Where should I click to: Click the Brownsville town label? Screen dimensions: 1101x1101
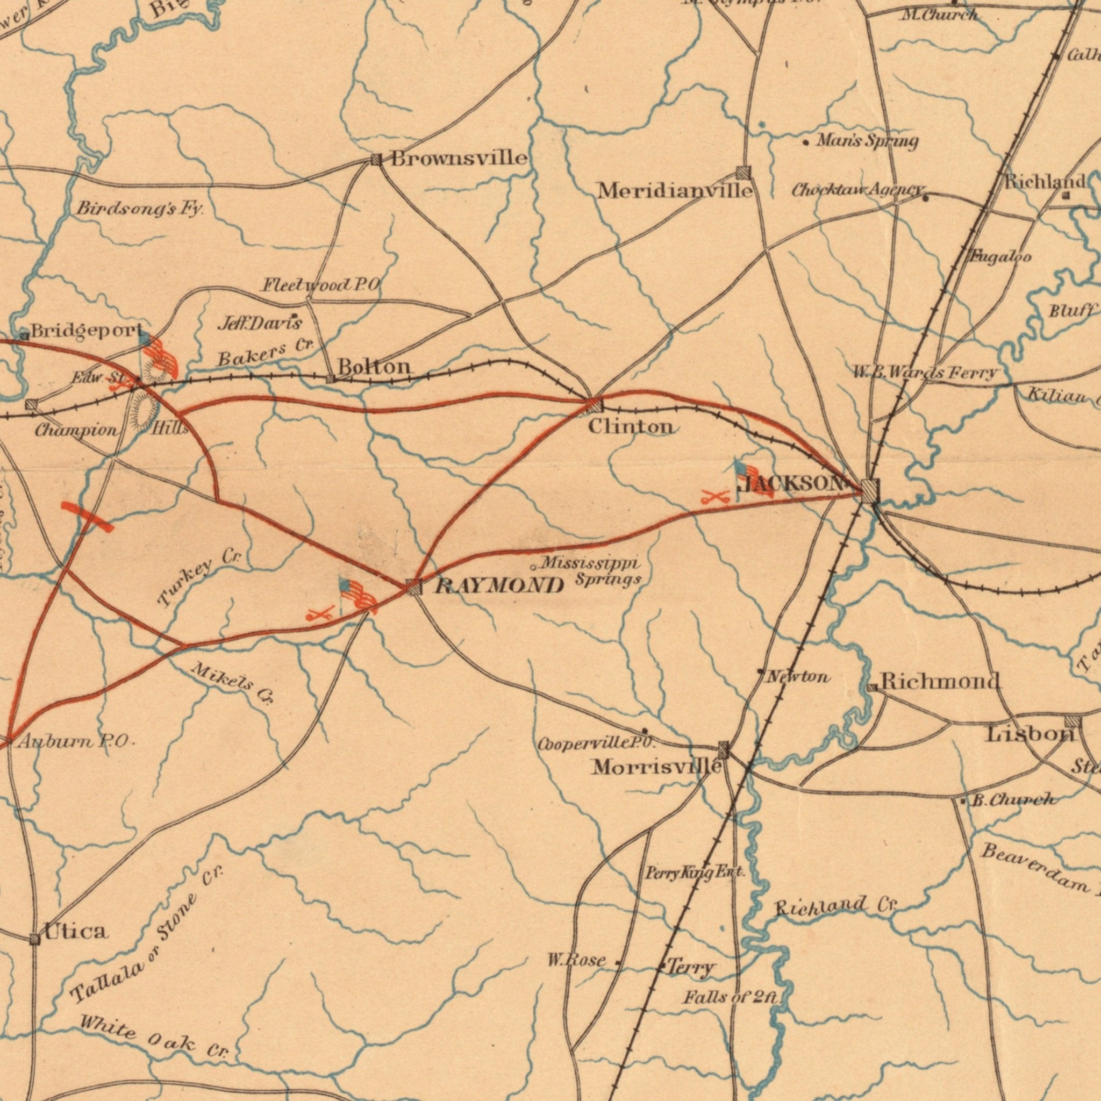point(459,158)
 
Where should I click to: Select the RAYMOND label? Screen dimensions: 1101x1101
point(499,585)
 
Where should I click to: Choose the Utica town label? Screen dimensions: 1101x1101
point(76,931)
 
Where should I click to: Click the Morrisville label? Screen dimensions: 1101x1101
point(657,767)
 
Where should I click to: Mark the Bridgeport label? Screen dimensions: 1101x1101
point(87,331)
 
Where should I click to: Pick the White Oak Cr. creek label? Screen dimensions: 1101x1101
point(154,1033)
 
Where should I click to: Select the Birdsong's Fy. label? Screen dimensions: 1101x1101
point(140,209)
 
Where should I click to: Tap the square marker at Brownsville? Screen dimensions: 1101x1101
point(376,160)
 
